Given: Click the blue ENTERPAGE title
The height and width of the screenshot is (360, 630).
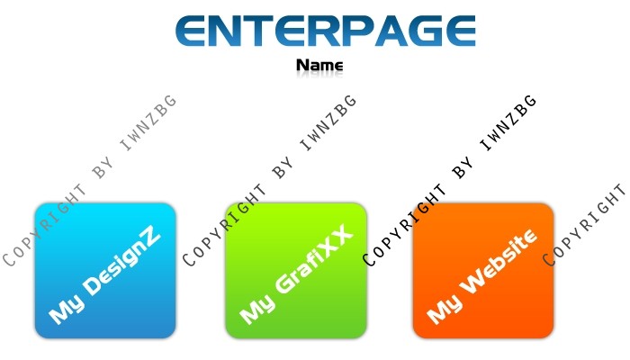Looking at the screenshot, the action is pyautogui.click(x=326, y=31).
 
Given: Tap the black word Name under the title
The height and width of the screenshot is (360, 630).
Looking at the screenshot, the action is pyautogui.click(x=319, y=65).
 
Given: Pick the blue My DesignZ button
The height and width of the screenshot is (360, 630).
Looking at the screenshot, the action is pyautogui.click(x=105, y=270).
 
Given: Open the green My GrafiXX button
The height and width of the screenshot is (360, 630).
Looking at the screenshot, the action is pyautogui.click(x=296, y=270).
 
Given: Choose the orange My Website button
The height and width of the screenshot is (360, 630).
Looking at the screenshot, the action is pyautogui.click(x=483, y=270).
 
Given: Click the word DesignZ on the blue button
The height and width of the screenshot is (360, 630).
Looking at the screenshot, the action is pyautogui.click(x=122, y=263).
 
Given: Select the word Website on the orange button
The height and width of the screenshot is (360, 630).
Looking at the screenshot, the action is pyautogui.click(x=499, y=261).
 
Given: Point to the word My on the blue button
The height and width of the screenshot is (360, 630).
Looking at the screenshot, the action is pyautogui.click(x=67, y=307).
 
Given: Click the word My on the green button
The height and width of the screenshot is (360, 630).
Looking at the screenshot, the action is pyautogui.click(x=257, y=307).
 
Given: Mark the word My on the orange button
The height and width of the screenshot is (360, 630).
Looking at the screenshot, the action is pyautogui.click(x=445, y=307).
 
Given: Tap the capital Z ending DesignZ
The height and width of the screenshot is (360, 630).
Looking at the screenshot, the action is pyautogui.click(x=152, y=240).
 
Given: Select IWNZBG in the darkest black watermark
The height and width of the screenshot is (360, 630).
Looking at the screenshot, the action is pyautogui.click(x=508, y=122).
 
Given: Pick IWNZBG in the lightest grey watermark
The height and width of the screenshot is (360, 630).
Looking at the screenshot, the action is pyautogui.click(x=148, y=122).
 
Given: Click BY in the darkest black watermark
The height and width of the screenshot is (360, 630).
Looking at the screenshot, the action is pyautogui.click(x=463, y=169).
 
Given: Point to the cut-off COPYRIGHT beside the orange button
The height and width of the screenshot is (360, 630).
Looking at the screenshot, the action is pyautogui.click(x=585, y=225).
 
